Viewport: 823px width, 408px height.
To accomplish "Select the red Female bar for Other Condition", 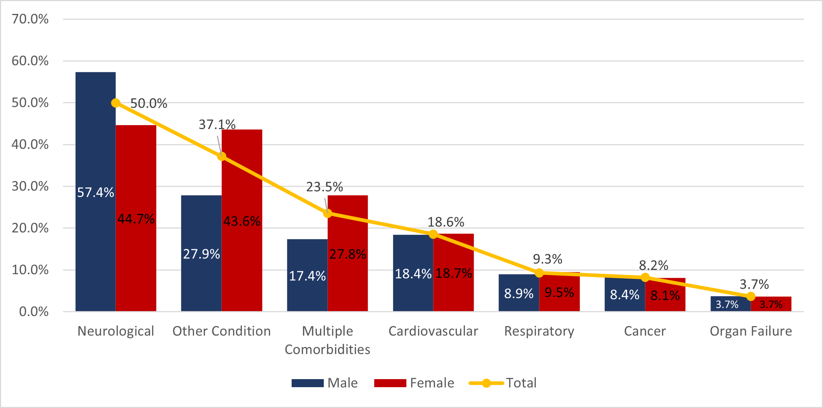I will coord(242,183).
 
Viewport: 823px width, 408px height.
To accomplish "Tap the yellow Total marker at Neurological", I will coord(115,103).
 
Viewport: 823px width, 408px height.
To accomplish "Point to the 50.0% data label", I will coord(149,103).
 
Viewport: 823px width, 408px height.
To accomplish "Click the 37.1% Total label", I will coord(217,125).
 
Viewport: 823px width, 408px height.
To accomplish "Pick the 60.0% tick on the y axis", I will coord(30,61).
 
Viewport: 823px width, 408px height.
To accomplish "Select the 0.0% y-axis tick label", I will coord(34,311).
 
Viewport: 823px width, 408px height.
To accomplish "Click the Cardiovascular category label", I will coord(433,331).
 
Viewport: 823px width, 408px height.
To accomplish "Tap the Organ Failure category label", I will coord(751,331).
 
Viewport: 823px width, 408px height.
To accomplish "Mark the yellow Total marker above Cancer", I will coord(645,277).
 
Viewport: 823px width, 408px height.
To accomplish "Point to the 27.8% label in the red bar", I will coord(348,254).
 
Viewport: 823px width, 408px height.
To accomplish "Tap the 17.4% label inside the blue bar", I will coord(307,276).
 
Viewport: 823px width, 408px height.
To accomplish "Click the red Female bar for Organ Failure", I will coord(771,304).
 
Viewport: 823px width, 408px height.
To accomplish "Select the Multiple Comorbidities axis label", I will coord(327,340).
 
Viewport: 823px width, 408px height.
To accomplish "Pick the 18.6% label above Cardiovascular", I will coord(445,222).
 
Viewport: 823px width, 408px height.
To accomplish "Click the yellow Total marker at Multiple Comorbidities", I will coord(327,213).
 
